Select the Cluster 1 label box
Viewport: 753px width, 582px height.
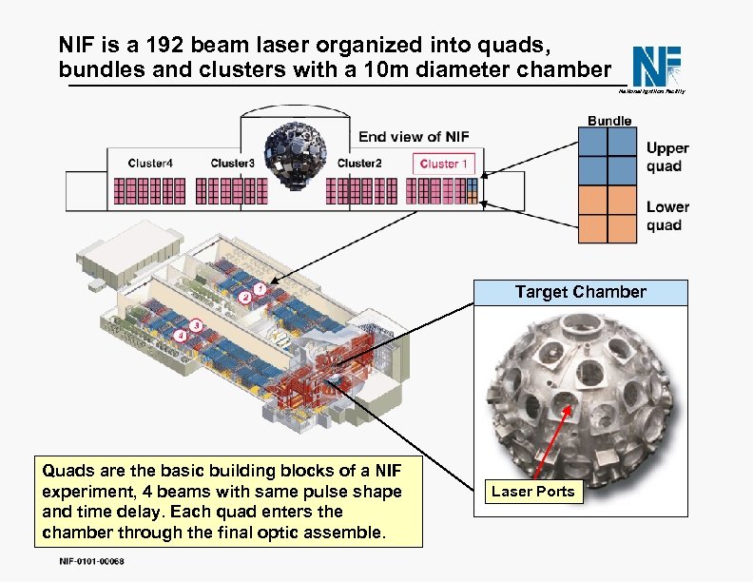(x=444, y=164)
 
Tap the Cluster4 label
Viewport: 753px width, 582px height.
(x=150, y=164)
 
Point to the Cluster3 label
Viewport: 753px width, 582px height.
(x=233, y=164)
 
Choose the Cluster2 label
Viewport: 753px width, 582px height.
(x=359, y=164)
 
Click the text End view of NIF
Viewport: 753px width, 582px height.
(x=414, y=137)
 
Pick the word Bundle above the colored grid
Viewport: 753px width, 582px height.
(x=609, y=121)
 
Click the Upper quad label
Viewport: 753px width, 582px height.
(x=667, y=157)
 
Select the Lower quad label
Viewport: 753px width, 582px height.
(x=667, y=216)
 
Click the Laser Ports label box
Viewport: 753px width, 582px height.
(x=532, y=492)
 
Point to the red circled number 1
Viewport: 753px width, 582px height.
(x=259, y=285)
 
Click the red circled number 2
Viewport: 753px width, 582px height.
(x=244, y=298)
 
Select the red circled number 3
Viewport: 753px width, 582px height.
(x=195, y=325)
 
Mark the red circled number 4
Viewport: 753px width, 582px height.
(x=181, y=336)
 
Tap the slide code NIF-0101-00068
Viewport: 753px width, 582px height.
(x=84, y=561)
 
